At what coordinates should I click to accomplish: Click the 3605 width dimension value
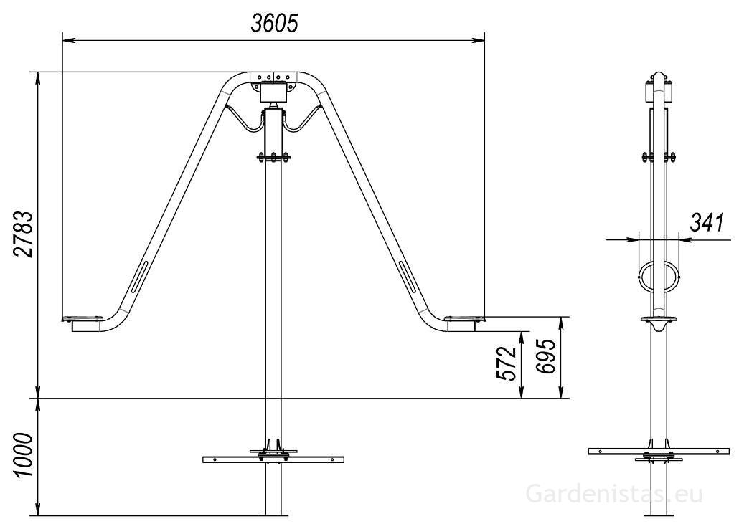274,23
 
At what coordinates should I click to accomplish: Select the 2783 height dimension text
24,234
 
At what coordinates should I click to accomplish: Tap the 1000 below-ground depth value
24,457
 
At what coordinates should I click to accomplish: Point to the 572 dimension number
508,363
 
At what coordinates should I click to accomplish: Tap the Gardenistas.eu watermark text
613,494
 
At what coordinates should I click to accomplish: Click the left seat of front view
84,318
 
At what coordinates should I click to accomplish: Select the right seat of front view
463,318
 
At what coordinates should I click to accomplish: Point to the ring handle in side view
658,277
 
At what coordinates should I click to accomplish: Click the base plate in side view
658,451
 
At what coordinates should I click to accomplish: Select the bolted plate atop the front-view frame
273,77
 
